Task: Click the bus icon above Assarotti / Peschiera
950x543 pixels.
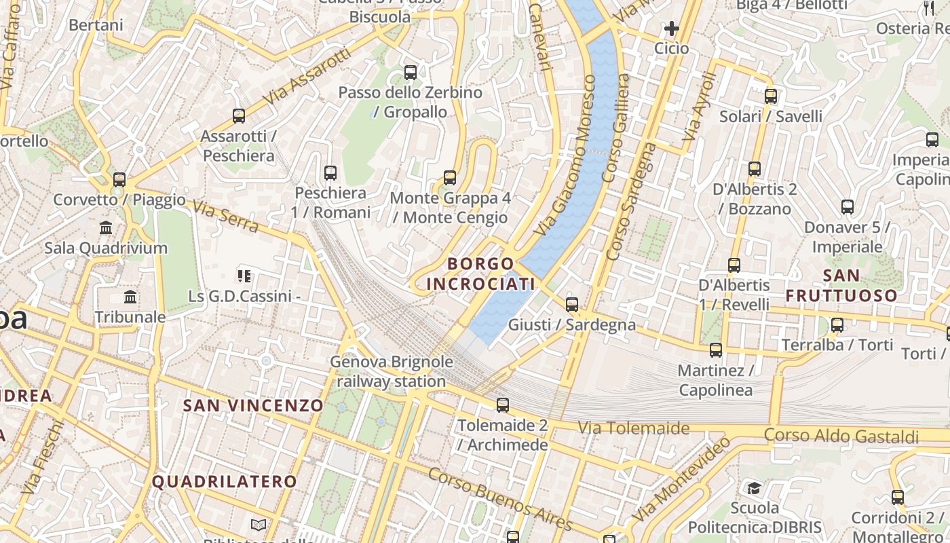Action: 239,116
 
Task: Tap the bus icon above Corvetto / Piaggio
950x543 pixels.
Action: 119,180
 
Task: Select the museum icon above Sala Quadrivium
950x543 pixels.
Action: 106,227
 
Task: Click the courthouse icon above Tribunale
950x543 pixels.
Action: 130,297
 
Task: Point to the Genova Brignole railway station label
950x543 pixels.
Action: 392,371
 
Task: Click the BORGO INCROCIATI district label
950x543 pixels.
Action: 480,274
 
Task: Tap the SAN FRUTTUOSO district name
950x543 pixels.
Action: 841,286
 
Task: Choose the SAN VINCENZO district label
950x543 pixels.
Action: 254,406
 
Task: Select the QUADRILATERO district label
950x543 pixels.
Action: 224,482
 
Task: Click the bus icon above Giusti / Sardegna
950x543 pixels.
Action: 572,304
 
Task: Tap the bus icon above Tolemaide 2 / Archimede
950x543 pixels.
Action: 503,405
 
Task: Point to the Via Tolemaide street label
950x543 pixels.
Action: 634,428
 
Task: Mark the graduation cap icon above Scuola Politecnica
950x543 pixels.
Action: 754,488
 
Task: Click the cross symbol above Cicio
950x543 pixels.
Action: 672,29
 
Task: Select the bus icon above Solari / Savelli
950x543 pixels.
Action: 771,96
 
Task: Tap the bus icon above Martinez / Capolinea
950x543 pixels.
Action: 716,350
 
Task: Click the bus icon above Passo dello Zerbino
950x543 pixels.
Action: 411,73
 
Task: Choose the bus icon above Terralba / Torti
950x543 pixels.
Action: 837,325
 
